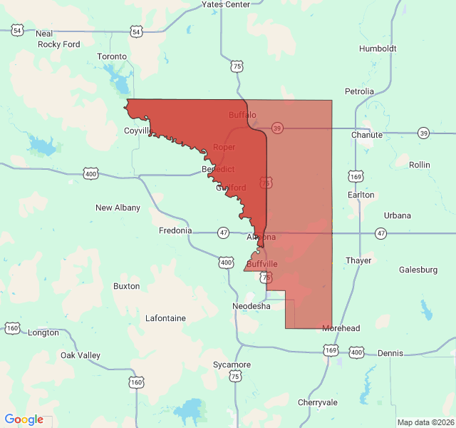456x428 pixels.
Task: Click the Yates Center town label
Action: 225,4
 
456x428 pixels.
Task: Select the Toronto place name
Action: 112,56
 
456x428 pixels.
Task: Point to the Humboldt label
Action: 378,49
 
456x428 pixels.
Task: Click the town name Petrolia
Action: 359,91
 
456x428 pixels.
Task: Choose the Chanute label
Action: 367,135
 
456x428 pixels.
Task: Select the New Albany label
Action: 118,208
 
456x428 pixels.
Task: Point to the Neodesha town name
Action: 252,305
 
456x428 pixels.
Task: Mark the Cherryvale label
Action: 318,402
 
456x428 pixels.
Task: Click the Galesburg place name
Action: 418,270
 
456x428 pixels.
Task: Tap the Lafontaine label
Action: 165,318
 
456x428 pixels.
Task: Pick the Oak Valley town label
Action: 81,355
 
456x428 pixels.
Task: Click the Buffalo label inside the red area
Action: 242,115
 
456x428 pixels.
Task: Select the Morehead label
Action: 341,328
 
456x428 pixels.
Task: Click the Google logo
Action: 24,419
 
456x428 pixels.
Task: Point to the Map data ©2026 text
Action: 425,422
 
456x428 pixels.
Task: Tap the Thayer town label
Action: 358,260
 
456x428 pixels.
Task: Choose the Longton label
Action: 43,332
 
